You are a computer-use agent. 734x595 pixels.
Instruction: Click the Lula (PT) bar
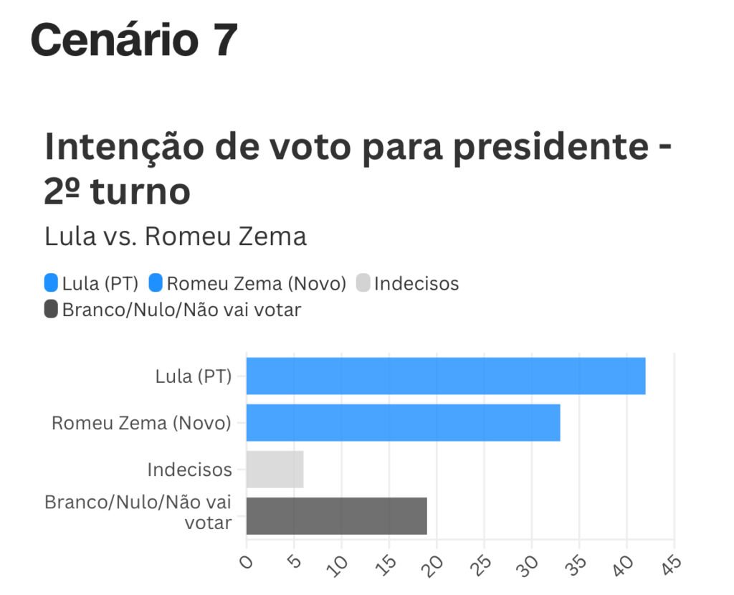pos(445,376)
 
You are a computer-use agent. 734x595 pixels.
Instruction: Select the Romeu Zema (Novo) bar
pos(403,422)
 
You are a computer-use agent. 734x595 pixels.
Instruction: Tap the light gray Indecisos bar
pos(275,470)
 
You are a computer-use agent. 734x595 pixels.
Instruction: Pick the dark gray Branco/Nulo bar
pos(336,515)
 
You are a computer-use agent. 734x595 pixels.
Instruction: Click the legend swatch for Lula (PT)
pos(51,283)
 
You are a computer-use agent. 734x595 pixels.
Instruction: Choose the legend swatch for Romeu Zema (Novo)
pos(156,283)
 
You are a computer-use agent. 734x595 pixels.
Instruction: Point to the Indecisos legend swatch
pos(363,283)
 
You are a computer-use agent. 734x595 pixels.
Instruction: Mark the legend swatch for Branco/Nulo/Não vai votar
pos(51,310)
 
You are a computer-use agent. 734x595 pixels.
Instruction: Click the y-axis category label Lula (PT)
pos(194,376)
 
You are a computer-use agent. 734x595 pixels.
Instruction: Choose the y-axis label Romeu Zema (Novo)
pos(141,423)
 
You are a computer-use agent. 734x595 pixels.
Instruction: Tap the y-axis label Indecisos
pos(189,470)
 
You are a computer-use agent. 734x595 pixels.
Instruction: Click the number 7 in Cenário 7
pos(224,40)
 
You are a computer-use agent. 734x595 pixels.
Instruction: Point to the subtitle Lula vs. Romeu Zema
pos(176,237)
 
